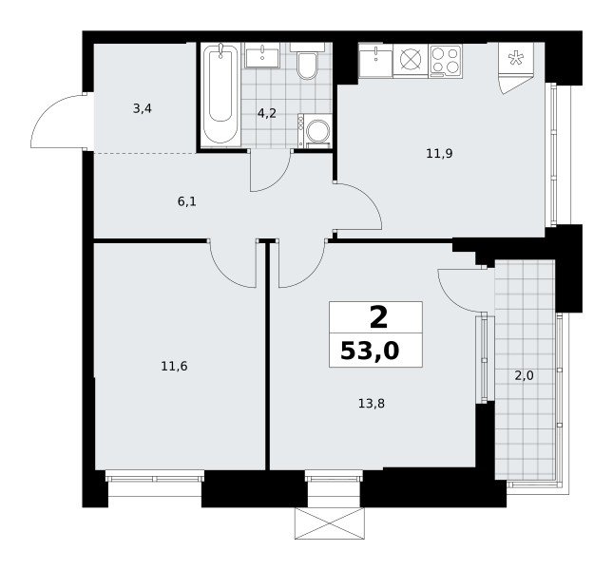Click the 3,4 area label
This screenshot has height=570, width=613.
[x=143, y=108]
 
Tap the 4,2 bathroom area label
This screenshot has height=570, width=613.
[x=267, y=113]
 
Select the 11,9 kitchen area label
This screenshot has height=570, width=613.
[x=439, y=154]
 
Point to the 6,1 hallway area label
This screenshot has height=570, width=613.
[x=187, y=201]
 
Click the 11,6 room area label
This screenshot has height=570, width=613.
[x=174, y=367]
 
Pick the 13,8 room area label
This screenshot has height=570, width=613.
[x=372, y=403]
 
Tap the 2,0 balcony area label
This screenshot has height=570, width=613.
[x=524, y=376]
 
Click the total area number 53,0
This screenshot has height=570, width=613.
[x=370, y=351]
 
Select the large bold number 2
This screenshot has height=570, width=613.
[x=378, y=318]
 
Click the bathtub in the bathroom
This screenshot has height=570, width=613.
[x=220, y=95]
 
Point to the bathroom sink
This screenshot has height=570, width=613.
[x=262, y=55]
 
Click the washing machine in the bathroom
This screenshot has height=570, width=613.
[x=315, y=131]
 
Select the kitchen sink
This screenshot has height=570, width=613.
[x=375, y=61]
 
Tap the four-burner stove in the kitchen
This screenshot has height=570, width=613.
[x=446, y=61]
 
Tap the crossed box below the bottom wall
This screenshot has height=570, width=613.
[x=329, y=523]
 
